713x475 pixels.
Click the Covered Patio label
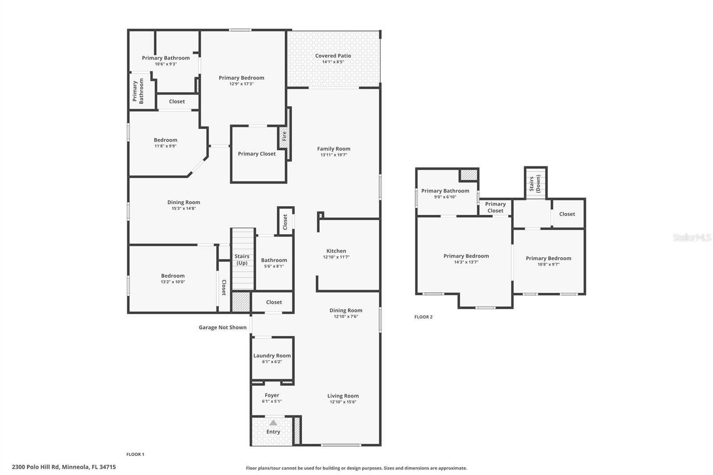tap(333, 56)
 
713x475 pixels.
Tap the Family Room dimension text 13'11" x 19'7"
tap(333, 155)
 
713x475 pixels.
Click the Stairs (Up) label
tap(242, 259)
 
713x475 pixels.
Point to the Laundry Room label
tap(272, 356)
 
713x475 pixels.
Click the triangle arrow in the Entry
tap(273, 422)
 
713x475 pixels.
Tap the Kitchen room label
tap(336, 251)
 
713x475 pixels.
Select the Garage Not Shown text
tap(222, 328)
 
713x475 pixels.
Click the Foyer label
tap(272, 395)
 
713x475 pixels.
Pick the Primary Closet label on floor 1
tap(257, 154)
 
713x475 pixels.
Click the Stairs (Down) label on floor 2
tap(535, 183)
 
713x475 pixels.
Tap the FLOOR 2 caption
tap(423, 317)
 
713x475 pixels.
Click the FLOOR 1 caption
tap(135, 455)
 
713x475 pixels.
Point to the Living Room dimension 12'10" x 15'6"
tap(343, 402)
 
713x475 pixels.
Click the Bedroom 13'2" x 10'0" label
tap(172, 276)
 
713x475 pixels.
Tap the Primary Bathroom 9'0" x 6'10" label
tap(445, 191)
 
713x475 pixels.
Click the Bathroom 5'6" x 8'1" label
tap(274, 260)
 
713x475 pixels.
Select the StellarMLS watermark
tap(692, 237)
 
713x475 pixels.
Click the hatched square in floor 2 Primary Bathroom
tap(469, 175)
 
